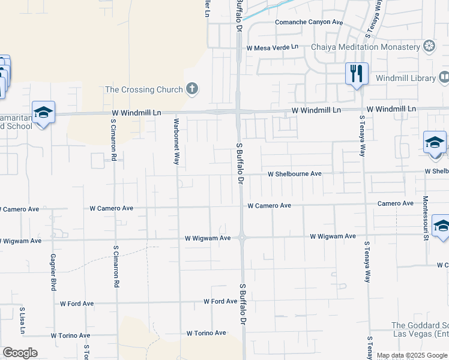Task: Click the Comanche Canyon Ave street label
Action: click(309, 22)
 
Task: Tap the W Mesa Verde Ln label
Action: click(272, 47)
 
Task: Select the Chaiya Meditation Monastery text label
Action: click(365, 47)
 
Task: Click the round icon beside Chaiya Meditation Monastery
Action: click(429, 46)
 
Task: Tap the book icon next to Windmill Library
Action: click(444, 77)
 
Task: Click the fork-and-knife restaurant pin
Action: click(357, 74)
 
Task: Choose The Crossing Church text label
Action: click(143, 90)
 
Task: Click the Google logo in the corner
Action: click(20, 353)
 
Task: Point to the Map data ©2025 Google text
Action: click(412, 355)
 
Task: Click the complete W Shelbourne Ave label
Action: click(295, 174)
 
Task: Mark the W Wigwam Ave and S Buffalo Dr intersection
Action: click(241, 238)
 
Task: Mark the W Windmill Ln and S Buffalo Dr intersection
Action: click(239, 111)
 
